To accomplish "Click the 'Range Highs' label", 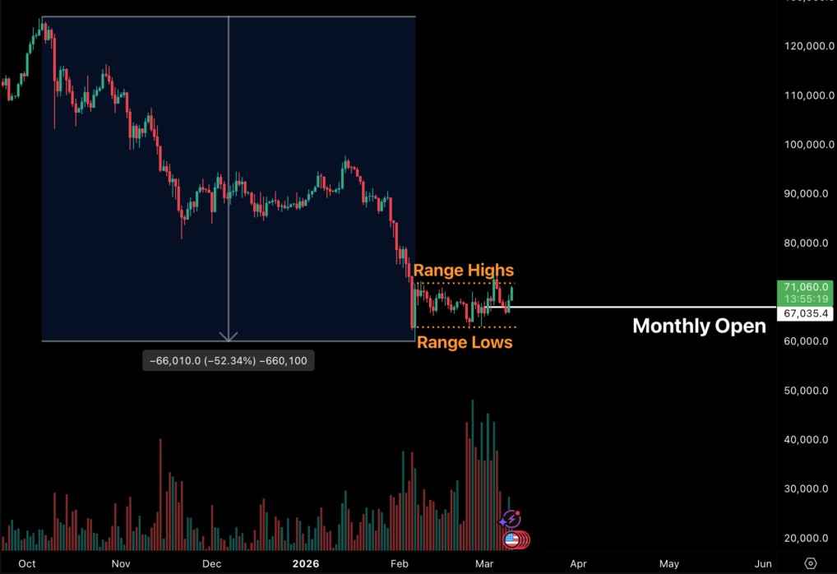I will pos(463,271).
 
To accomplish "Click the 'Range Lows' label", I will pos(465,342).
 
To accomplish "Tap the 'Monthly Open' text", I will pos(699,326).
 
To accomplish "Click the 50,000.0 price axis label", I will pos(806,391).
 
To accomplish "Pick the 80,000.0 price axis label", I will pos(806,243).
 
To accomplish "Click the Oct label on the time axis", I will pos(27,564).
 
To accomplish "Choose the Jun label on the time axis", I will pos(763,564).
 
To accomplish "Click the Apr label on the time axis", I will pos(579,564).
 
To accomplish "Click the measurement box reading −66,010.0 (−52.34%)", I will pos(228,361).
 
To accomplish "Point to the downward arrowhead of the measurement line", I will pos(228,336).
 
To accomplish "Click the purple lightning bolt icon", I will pos(511,519).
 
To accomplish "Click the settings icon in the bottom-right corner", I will pos(811,563).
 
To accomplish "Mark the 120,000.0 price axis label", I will pos(806,47).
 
